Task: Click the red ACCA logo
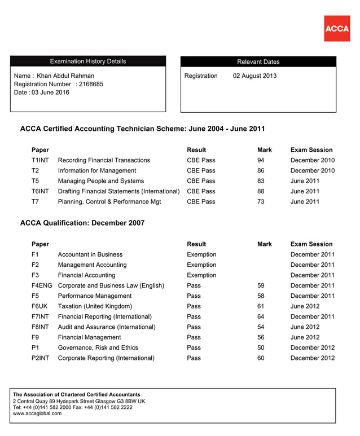tap(337, 28)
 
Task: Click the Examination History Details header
tap(88, 61)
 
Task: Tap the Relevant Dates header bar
tap(258, 62)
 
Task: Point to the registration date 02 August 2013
tap(254, 76)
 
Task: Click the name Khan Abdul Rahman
tap(65, 76)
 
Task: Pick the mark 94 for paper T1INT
tap(261, 160)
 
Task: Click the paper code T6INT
tap(40, 191)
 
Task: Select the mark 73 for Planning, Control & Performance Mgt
tap(261, 201)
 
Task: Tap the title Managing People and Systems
tap(101, 181)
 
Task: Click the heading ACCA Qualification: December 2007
tap(82, 223)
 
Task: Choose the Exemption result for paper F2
tap(201, 265)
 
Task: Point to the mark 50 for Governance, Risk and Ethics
tap(261, 347)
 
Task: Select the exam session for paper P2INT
tap(312, 358)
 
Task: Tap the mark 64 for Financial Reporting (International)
tap(261, 316)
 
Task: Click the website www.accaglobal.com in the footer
tap(37, 413)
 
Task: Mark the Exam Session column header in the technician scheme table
tap(311, 150)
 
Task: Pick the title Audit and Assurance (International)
tap(107, 327)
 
